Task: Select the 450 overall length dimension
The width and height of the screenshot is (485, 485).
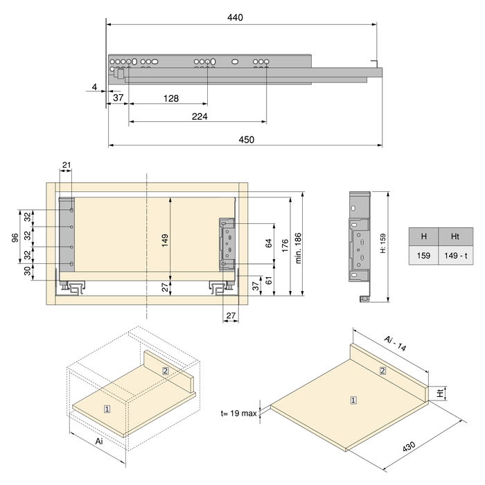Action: [x=246, y=139]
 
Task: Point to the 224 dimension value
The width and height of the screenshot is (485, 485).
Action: [x=199, y=116]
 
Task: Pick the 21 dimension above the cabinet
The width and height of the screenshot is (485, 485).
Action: [x=67, y=164]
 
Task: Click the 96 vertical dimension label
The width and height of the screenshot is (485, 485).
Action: [x=15, y=238]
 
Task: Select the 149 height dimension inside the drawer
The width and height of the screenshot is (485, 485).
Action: [x=165, y=240]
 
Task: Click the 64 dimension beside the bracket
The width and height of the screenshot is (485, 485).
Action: [x=269, y=243]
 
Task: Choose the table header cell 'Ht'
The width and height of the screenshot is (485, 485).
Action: [x=455, y=236]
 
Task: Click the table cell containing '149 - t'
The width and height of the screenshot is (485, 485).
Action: [x=455, y=256]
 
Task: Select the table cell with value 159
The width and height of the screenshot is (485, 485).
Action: [x=423, y=256]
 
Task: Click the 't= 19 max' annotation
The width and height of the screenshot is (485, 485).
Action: [x=239, y=413]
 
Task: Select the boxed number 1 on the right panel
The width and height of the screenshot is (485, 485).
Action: [x=353, y=400]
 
